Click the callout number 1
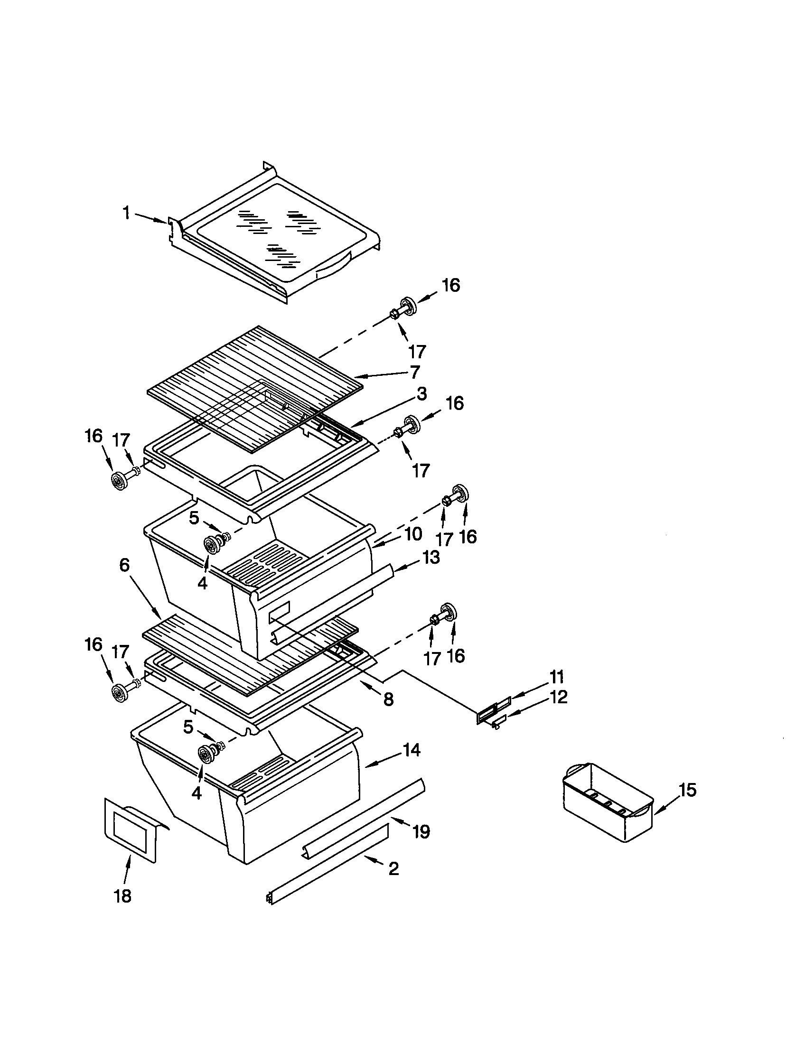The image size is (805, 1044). (x=126, y=213)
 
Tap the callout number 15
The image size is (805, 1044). (x=687, y=790)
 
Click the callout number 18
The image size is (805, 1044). (x=123, y=896)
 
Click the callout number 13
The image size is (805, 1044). (x=431, y=558)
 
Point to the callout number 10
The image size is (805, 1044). (x=412, y=533)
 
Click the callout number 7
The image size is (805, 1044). (x=414, y=372)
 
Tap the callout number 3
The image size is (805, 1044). (x=421, y=394)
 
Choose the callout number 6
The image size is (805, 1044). (x=124, y=565)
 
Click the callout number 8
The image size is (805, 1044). (x=388, y=699)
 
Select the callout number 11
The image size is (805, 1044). (x=556, y=677)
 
